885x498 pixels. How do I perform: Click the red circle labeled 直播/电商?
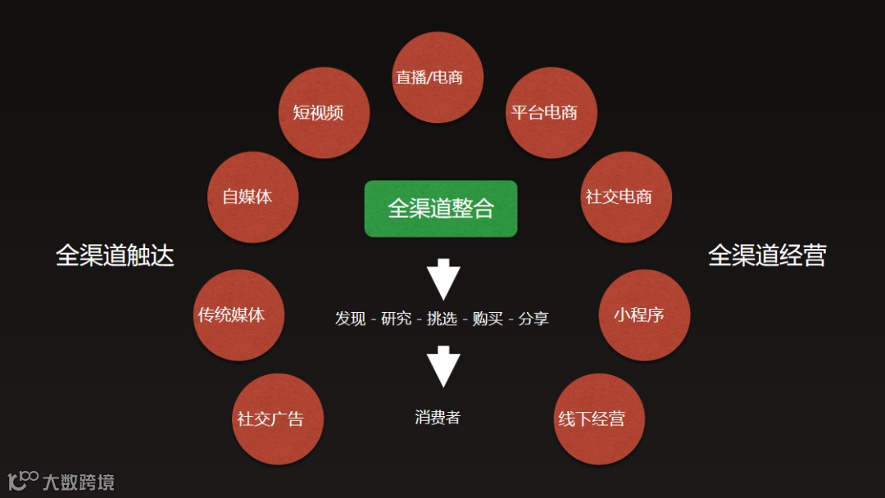[438, 78]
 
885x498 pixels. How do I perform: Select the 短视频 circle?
[324, 113]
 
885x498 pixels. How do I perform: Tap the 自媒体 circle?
[252, 197]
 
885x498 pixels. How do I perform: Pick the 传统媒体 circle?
[238, 315]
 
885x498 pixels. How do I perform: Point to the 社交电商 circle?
[625, 197]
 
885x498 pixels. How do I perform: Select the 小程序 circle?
[644, 315]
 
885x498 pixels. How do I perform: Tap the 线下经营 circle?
[599, 419]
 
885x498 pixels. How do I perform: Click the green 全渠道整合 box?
[441, 209]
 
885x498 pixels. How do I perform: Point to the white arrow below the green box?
[443, 279]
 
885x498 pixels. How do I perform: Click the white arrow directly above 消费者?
[443, 366]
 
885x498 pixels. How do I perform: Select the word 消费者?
[438, 418]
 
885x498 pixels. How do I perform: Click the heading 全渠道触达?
[115, 256]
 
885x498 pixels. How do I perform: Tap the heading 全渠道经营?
[767, 256]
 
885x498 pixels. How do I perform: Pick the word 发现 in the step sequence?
[350, 319]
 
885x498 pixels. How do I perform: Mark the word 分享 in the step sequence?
[533, 319]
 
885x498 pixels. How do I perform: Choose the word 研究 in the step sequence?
[396, 319]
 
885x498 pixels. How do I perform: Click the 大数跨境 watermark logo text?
[79, 482]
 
